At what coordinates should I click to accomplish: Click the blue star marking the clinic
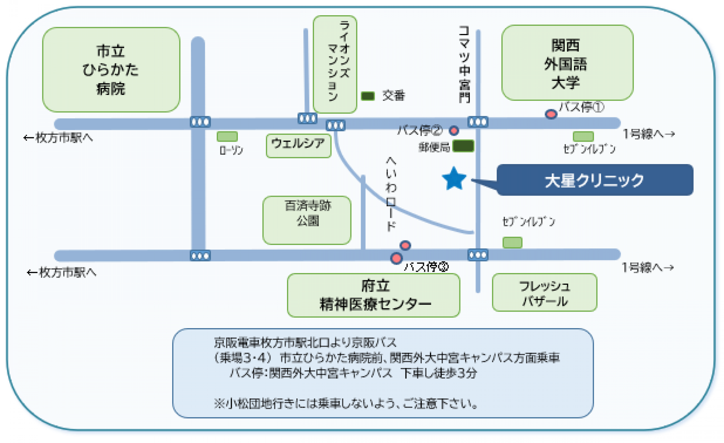[x=454, y=179]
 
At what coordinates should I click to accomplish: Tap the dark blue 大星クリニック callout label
[x=594, y=180]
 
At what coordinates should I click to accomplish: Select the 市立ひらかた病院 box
[x=111, y=70]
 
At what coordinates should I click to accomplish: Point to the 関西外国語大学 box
[x=567, y=63]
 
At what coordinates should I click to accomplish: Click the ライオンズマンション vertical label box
[x=335, y=64]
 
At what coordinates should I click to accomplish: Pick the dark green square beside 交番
[x=368, y=96]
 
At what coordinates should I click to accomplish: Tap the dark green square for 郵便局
[x=463, y=146]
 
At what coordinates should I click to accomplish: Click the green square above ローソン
[x=227, y=137]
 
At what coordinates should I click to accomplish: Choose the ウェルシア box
[x=298, y=145]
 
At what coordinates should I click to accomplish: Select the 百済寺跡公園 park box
[x=307, y=220]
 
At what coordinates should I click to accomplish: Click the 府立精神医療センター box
[x=374, y=295]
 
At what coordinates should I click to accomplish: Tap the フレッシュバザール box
[x=544, y=292]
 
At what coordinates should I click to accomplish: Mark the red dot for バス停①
[x=551, y=114]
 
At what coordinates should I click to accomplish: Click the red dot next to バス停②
[x=454, y=130]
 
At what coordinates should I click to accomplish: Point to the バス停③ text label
[x=426, y=267]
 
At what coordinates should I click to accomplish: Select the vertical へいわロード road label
[x=391, y=194]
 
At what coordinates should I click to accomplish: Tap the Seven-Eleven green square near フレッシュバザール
[x=512, y=242]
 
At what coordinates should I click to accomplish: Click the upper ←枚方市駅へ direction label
[x=58, y=138]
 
